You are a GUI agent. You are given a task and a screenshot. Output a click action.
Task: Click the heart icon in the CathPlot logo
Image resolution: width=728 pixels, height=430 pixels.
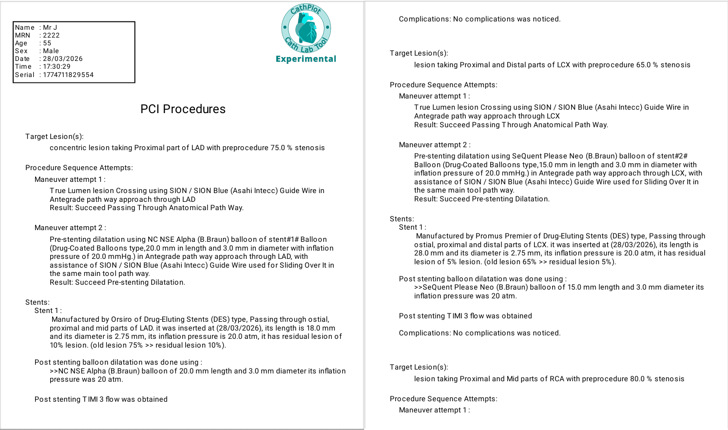point(307,29)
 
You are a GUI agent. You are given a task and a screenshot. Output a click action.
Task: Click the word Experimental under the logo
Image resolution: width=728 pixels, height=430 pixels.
point(306,59)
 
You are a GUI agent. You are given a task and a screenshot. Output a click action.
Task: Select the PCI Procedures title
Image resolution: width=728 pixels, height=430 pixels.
point(183,109)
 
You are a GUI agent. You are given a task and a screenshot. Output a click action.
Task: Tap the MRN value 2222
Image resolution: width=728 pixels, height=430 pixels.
point(51,35)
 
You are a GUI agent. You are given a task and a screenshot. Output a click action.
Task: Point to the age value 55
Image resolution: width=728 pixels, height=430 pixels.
point(47,43)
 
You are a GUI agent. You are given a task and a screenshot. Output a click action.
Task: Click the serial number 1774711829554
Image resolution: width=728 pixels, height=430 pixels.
point(68,75)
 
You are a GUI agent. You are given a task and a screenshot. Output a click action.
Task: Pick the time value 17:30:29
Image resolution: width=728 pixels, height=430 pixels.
point(57,66)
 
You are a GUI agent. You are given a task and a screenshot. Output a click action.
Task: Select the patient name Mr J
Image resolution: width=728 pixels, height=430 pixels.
point(50,27)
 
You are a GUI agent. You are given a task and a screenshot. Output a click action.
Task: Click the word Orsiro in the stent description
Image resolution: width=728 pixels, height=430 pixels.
point(121,319)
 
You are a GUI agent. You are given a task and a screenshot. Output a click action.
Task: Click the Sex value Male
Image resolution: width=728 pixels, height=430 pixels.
point(51,51)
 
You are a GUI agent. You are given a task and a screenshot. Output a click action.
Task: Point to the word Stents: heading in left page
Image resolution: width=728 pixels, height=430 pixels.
point(38,302)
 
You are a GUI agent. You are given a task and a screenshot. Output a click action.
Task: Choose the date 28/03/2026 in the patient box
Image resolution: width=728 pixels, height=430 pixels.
point(63,59)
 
